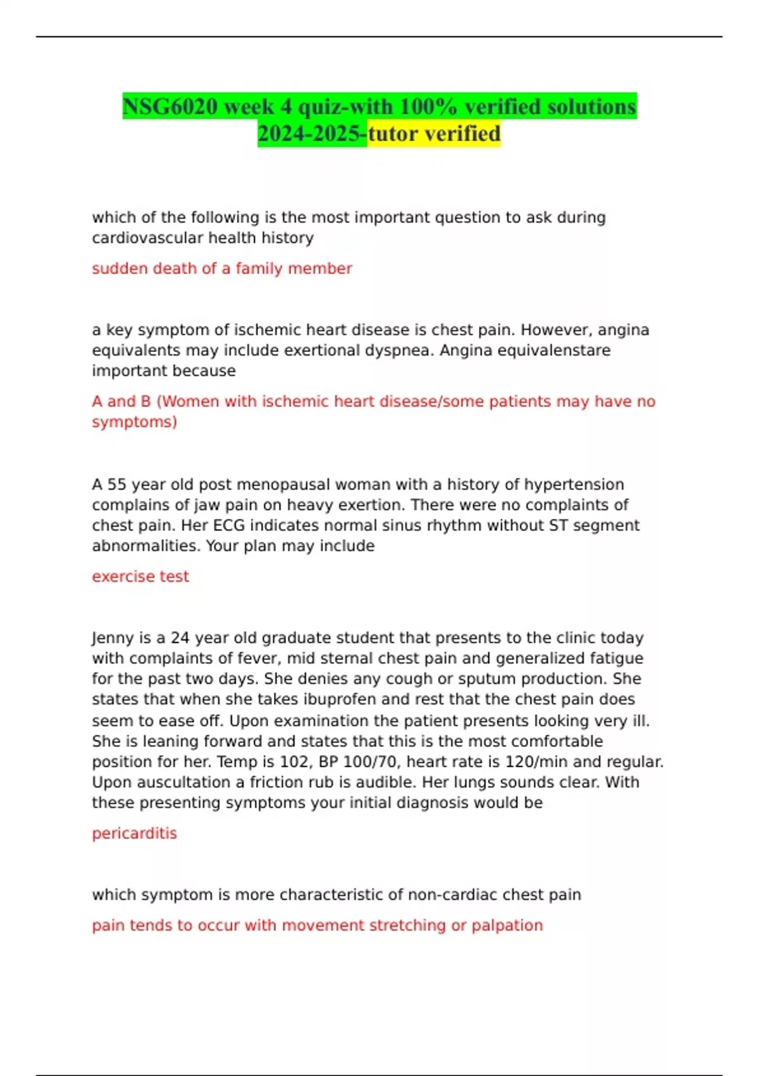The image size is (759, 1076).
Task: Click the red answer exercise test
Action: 140,577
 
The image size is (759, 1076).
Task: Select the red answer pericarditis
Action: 134,833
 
